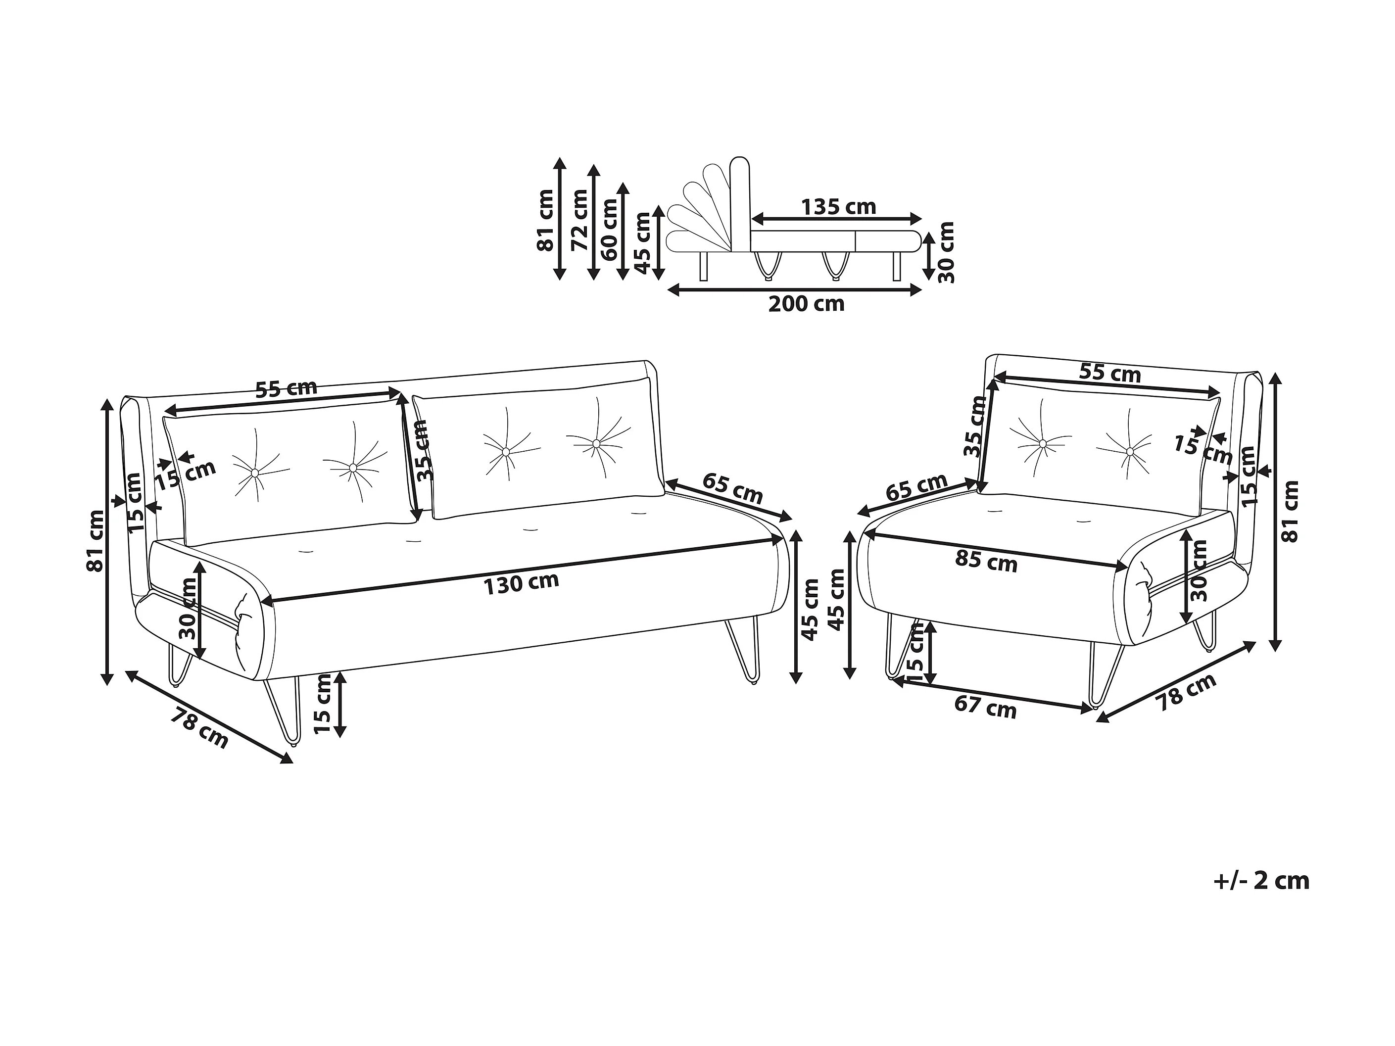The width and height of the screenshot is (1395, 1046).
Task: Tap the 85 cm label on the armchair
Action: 986,561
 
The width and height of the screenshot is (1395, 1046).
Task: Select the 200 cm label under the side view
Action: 806,304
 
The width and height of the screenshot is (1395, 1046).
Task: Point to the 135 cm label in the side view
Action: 838,206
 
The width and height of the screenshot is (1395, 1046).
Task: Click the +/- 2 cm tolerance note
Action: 1261,881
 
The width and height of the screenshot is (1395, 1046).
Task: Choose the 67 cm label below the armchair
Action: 985,708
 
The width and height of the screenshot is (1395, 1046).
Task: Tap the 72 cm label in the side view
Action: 579,220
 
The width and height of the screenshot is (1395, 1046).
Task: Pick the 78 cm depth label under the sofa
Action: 200,728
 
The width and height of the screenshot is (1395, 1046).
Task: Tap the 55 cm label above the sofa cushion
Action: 287,388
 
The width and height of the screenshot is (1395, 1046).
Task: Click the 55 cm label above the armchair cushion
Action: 1110,373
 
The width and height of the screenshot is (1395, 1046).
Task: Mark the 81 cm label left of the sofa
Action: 96,540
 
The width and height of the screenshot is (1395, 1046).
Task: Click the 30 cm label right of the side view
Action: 947,252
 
